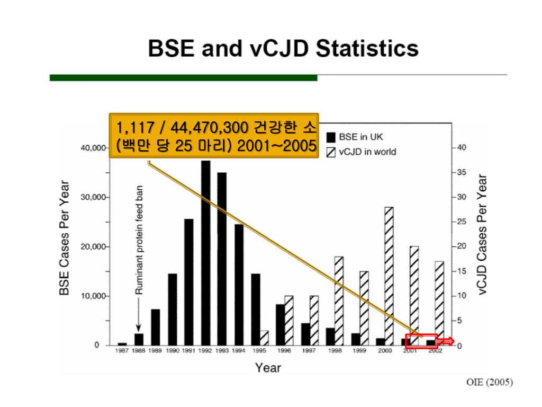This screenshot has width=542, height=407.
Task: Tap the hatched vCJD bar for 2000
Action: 389,276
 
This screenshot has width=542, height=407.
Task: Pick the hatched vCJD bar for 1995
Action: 264,338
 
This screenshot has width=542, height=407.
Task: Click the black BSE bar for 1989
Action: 156,327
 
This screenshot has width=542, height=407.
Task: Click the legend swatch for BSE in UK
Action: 330,137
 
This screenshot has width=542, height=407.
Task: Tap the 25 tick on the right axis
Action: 462,222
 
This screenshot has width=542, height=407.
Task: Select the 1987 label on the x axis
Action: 122,351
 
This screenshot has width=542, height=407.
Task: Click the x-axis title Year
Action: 268,367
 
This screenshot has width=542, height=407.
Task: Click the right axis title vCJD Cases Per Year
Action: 482,234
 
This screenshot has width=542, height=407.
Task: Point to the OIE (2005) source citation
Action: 489,382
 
